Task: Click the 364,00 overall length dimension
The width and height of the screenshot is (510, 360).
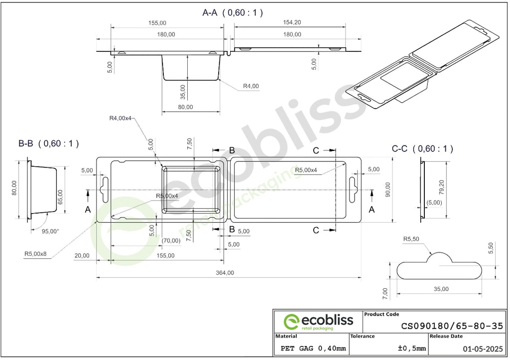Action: click(225, 273)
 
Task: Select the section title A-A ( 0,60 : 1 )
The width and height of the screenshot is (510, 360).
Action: click(233, 12)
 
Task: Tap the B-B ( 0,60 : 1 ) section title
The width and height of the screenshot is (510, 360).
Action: click(48, 143)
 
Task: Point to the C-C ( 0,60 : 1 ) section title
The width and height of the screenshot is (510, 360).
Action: click(422, 148)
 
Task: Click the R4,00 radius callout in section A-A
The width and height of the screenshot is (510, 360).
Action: click(251, 86)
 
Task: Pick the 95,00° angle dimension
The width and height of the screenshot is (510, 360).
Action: click(50, 232)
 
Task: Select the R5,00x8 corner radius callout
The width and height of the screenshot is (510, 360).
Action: click(35, 253)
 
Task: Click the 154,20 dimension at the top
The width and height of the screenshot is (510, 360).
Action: click(292, 22)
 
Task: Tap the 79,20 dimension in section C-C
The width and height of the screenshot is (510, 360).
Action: click(441, 187)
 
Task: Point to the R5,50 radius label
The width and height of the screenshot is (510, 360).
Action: click(411, 239)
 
